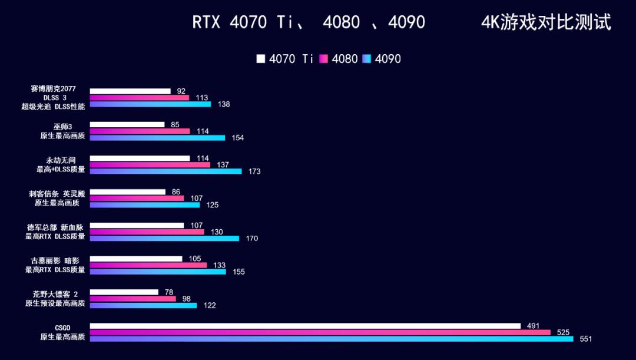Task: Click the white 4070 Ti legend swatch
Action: click(261, 59)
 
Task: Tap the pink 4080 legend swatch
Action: click(323, 59)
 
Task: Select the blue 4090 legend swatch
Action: click(367, 59)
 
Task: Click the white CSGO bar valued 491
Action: click(305, 326)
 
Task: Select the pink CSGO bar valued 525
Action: click(320, 332)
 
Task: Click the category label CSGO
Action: click(62, 327)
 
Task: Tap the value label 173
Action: click(254, 171)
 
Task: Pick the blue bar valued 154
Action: click(157, 138)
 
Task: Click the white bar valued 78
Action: click(124, 292)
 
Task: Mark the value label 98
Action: click(187, 299)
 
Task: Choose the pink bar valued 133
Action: click(148, 265)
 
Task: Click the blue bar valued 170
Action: click(164, 239)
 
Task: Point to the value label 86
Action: click(176, 192)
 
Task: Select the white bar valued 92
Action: click(130, 91)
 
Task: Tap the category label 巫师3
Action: click(62, 126)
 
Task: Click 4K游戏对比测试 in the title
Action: click(546, 22)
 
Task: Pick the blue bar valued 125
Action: click(145, 205)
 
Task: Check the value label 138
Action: click(224, 104)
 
